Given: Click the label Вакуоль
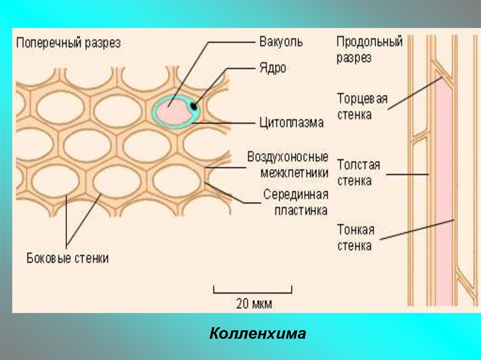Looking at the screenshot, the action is point(281,42).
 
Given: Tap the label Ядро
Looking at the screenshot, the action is point(272,68).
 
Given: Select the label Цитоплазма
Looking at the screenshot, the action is point(291,123).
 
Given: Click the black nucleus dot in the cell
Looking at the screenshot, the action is point(194,107).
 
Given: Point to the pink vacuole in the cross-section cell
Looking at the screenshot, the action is point(171,113).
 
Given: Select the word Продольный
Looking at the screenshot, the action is point(369,42).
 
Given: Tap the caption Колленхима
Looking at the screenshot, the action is point(257,334).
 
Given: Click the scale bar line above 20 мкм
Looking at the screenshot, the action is point(253,292).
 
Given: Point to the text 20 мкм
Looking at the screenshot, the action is point(254,304).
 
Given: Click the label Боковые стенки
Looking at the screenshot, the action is point(68,258).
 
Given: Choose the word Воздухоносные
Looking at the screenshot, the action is point(287,157).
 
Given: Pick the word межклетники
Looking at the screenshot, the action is point(294,173).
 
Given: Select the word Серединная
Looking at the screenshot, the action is point(295,194).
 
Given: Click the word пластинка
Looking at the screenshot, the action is point(301,210).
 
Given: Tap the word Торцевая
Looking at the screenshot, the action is point(362,99).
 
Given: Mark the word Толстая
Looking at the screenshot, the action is point(358,165).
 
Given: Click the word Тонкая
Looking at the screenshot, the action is point(356,230).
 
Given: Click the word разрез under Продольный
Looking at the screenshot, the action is point(354,58).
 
